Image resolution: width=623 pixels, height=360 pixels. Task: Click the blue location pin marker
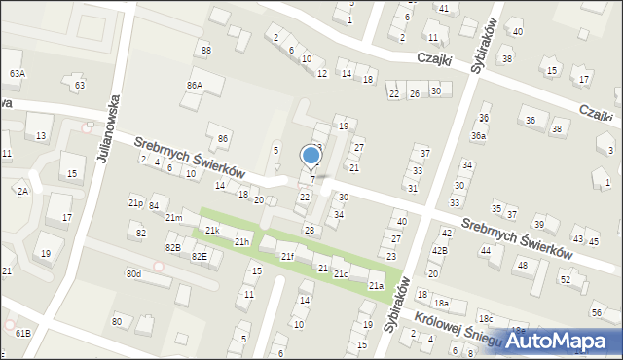(x=311, y=157)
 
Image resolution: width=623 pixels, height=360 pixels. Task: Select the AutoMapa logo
(x=558, y=341)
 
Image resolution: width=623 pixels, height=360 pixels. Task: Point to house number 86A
(x=195, y=86)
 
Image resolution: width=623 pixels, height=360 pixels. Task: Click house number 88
(x=205, y=50)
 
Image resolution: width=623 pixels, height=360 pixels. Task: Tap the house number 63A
(x=18, y=74)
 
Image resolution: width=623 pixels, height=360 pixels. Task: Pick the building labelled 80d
(x=133, y=274)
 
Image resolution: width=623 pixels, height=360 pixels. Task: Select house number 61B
(x=22, y=334)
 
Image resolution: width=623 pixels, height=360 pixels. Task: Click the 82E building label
(x=199, y=256)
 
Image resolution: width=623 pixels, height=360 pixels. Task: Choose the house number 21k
(x=211, y=231)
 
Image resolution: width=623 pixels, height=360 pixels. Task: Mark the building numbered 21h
(x=242, y=241)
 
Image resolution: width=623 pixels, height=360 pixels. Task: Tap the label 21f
(x=287, y=256)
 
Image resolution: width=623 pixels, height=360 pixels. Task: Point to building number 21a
(x=375, y=286)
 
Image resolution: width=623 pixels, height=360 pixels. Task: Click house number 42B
(x=440, y=250)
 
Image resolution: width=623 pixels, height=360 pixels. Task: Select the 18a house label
(x=441, y=304)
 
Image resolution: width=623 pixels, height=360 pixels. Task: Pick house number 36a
(x=478, y=136)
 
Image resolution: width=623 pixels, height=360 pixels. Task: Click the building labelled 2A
(x=22, y=192)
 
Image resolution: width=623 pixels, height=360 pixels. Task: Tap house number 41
(x=443, y=8)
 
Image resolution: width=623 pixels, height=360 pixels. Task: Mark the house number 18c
(x=485, y=319)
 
